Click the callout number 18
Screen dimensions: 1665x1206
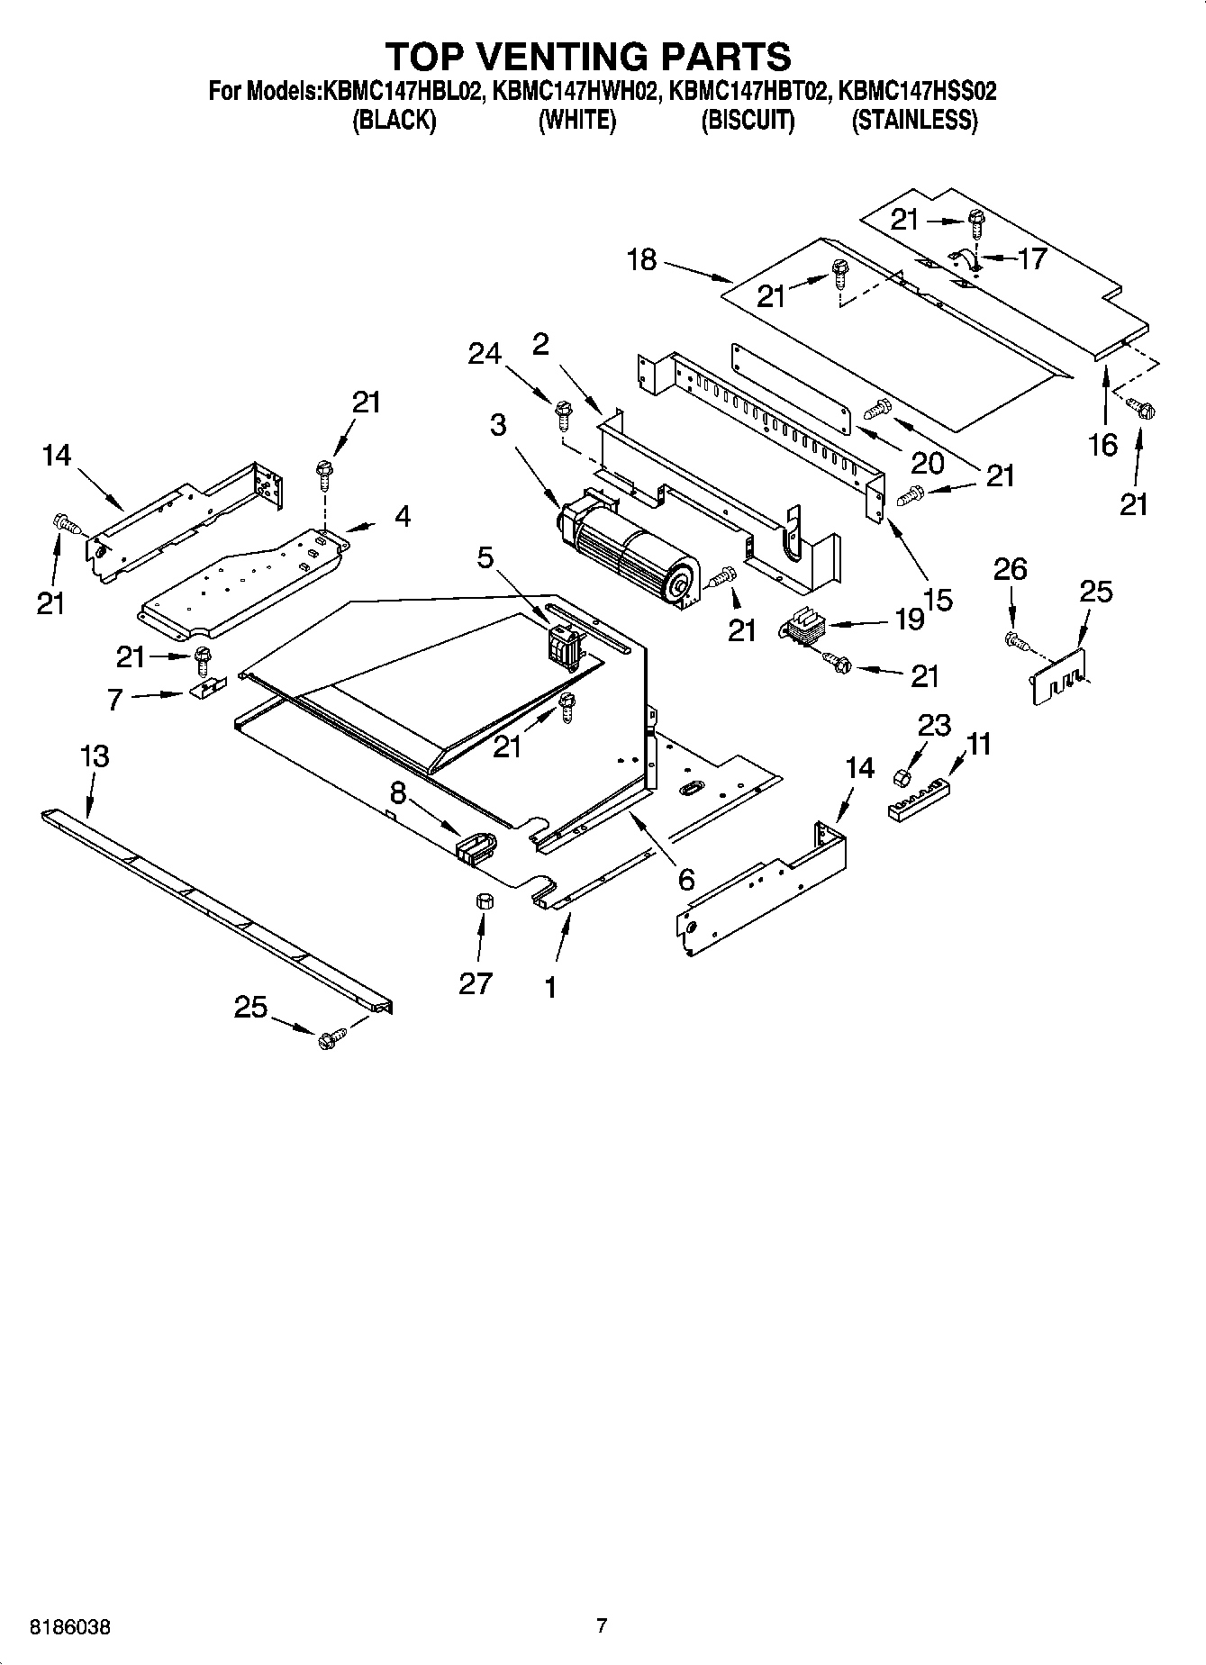point(641,261)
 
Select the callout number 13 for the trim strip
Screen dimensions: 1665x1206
point(95,756)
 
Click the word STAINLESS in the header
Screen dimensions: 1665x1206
point(914,121)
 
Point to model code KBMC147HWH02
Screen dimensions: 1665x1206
point(576,91)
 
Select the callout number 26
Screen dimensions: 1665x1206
point(1010,569)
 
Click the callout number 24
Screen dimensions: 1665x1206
point(485,355)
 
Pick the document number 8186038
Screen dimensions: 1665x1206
point(70,1627)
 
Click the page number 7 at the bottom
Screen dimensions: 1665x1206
point(602,1625)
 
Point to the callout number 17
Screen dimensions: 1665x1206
point(1031,258)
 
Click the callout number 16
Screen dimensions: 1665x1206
point(1103,444)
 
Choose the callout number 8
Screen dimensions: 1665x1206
point(397,792)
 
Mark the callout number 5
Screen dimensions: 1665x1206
point(485,558)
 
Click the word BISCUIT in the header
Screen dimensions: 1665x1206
point(748,121)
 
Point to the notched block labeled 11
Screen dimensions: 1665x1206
point(919,800)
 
